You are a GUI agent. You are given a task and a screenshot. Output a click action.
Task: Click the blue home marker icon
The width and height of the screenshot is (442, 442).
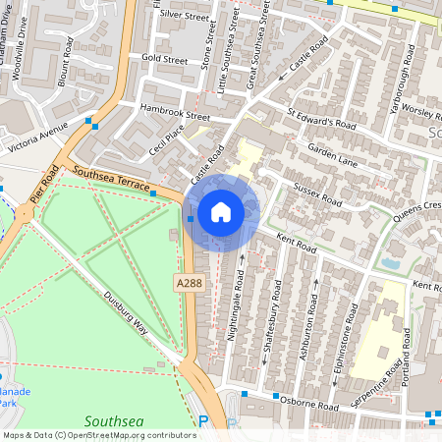(x=221, y=212)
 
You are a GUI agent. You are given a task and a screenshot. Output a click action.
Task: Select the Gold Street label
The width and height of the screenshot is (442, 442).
(x=164, y=59)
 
